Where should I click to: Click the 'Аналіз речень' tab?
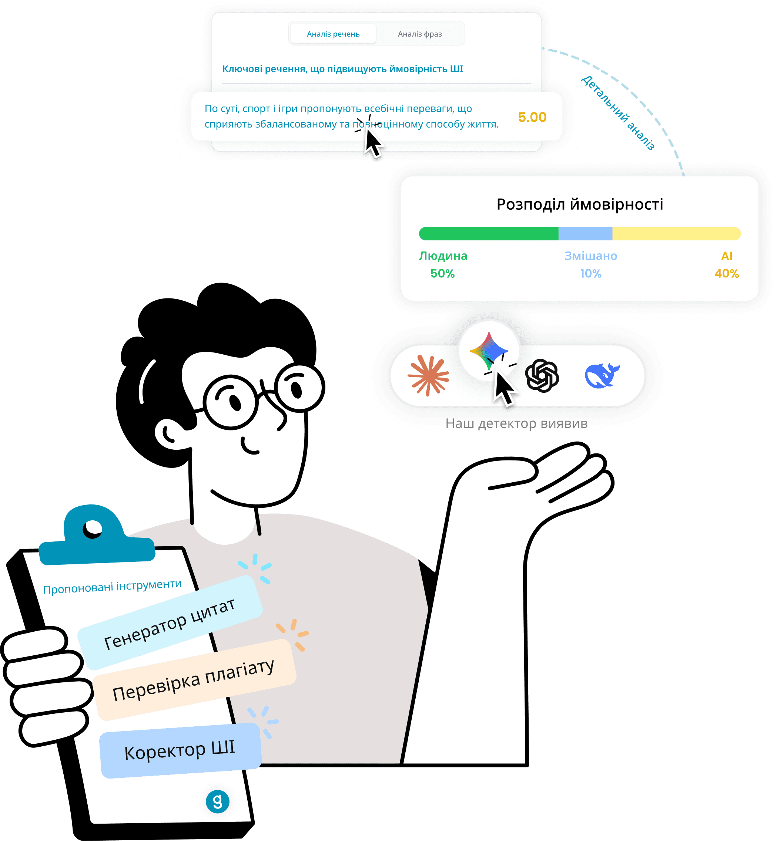(333, 34)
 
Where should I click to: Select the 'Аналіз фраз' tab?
(420, 34)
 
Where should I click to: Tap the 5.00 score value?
(532, 117)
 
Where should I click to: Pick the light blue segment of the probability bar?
(585, 234)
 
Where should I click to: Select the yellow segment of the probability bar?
(676, 234)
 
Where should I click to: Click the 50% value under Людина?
(442, 273)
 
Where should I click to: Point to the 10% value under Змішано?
(591, 273)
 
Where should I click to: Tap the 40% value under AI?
(727, 273)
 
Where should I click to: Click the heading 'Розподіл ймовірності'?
(579, 205)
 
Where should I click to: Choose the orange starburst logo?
(428, 375)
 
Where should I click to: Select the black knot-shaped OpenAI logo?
(542, 375)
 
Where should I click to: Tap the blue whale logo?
(602, 375)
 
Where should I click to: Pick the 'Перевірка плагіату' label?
(193, 680)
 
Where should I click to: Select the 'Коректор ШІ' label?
(180, 750)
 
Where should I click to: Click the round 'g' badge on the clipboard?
(217, 801)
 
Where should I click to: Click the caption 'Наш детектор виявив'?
(516, 423)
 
